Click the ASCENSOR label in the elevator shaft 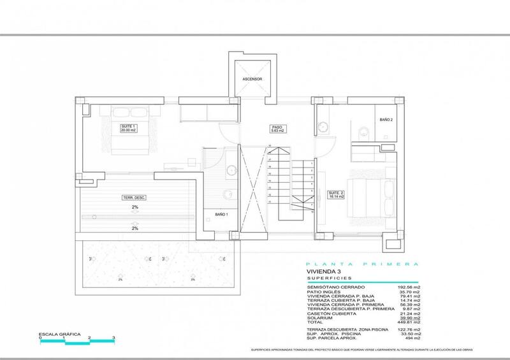[x=252, y=80]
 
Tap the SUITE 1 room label [x=129, y=128]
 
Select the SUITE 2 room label [x=336, y=194]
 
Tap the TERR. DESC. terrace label [x=135, y=198]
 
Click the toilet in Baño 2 [x=362, y=133]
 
